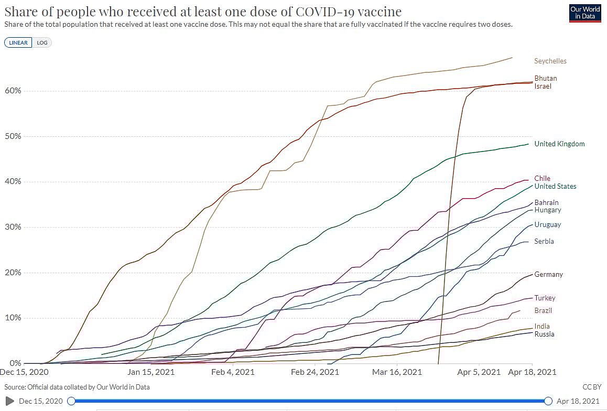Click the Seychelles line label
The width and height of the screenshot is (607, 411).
[x=550, y=61]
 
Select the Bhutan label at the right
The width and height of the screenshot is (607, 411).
[x=545, y=78]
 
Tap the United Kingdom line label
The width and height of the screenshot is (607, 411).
[x=559, y=144]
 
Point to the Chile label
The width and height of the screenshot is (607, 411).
[x=542, y=178]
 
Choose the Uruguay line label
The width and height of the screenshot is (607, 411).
[x=547, y=224]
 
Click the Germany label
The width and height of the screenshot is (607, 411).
[x=548, y=274]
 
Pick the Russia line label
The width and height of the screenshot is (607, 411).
[x=544, y=334]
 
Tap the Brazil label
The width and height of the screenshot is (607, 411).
[x=543, y=310]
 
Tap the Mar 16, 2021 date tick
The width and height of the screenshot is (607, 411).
[x=397, y=372]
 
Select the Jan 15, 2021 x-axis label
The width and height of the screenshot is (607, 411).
[x=150, y=372]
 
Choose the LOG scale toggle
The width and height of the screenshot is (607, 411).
[x=42, y=43]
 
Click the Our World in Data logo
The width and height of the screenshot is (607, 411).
[x=586, y=13]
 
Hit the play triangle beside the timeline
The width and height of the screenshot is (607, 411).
[x=9, y=401]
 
